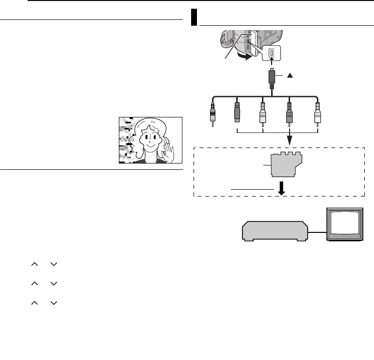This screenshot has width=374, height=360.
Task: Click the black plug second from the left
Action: click(237, 114)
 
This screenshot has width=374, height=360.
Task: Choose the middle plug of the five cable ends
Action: click(262, 114)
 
